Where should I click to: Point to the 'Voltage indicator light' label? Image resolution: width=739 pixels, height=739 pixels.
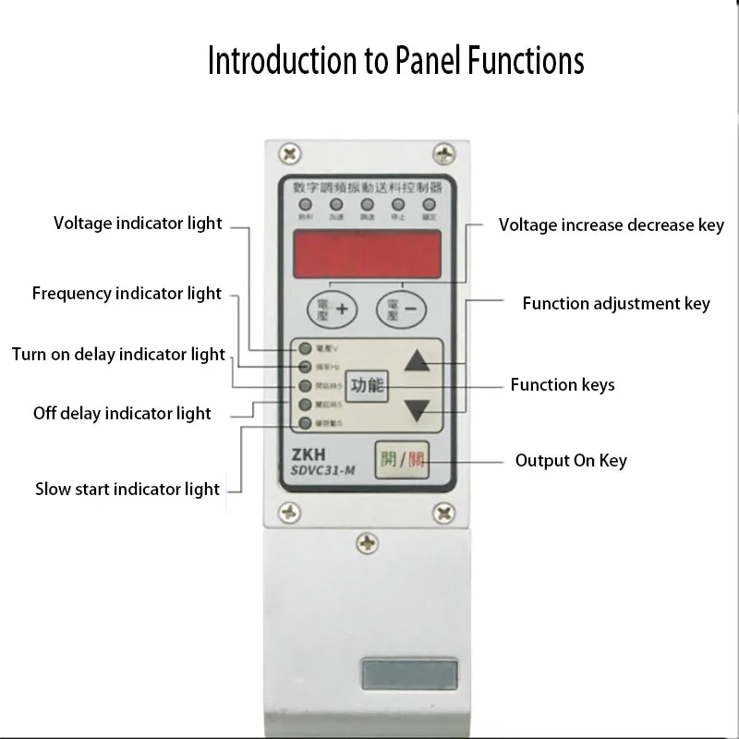point(138,223)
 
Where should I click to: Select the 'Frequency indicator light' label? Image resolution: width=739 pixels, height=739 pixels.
point(127,294)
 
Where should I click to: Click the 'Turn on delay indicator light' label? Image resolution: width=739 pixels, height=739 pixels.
point(118,354)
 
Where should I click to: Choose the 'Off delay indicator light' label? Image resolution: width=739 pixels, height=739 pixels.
point(122,413)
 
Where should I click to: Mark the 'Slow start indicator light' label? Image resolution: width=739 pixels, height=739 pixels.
point(127,489)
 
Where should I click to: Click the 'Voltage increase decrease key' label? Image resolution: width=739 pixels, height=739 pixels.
point(611,224)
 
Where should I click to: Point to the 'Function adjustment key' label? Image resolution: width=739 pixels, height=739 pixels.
point(615,303)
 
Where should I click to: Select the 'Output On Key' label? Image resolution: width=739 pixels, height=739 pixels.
point(570,460)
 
